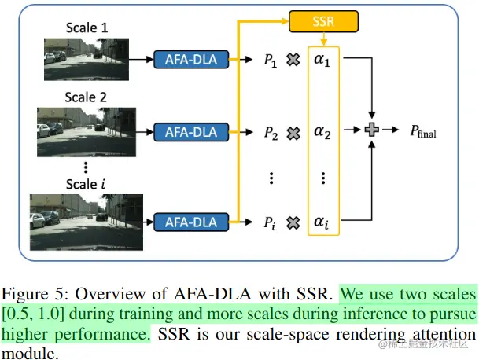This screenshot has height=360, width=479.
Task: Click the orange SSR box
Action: pyautogui.click(x=322, y=20)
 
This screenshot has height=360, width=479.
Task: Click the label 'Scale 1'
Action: pyautogui.click(x=85, y=28)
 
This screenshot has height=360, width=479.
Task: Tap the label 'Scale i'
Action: pyautogui.click(x=84, y=184)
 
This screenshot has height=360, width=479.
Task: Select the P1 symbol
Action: pyautogui.click(x=271, y=59)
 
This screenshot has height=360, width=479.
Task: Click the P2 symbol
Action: pyautogui.click(x=271, y=133)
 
